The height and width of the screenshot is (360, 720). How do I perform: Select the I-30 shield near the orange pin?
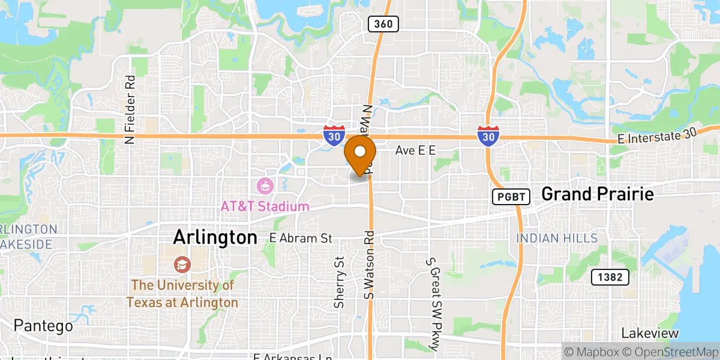click(x=334, y=136)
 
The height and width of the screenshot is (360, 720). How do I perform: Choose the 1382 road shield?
click(x=610, y=277)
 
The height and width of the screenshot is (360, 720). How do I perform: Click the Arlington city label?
click(x=215, y=237)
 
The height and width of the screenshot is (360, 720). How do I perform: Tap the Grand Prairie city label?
click(x=597, y=194)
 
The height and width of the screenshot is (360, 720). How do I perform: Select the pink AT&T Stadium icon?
click(x=265, y=185)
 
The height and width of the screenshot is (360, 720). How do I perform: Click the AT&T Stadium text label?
click(x=265, y=206)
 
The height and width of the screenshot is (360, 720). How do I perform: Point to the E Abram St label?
click(x=301, y=238)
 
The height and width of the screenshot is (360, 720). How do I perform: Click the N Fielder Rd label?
click(x=129, y=110)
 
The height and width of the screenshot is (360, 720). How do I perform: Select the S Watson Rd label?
click(x=369, y=265)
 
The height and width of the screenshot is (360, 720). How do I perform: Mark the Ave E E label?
click(x=415, y=151)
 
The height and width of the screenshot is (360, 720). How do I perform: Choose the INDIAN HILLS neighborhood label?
click(x=557, y=238)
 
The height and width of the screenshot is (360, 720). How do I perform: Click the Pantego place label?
click(x=43, y=326)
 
